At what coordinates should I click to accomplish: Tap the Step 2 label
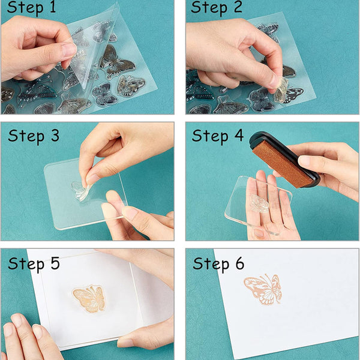click(216, 8)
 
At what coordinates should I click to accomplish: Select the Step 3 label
click(34, 135)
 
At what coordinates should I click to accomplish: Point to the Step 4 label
click(218, 135)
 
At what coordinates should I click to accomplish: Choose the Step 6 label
click(218, 263)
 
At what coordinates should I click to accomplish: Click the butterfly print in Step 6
click(263, 289)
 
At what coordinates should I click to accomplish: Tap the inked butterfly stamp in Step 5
click(89, 298)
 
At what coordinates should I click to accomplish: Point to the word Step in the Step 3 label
click(25, 136)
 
